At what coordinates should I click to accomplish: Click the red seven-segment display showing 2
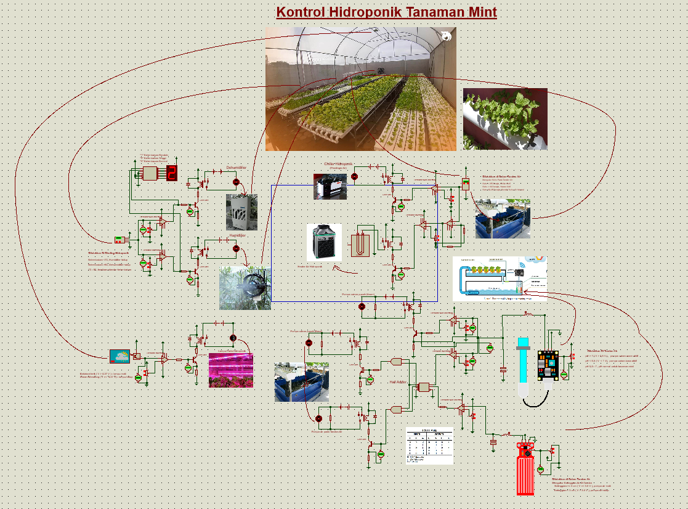172,173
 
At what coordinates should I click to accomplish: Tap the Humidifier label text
237,235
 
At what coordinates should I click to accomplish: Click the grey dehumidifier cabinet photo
241,212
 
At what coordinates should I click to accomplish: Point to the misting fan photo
245,288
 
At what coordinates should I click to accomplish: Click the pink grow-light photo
231,370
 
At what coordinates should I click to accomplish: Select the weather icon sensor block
120,356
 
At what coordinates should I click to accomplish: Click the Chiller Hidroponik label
338,165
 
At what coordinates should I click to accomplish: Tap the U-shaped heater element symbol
362,245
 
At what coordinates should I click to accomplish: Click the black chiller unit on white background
324,242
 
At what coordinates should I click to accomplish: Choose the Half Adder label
398,382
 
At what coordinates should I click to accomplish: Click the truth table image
429,446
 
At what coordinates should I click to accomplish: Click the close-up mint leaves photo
505,119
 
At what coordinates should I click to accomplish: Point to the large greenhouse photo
361,89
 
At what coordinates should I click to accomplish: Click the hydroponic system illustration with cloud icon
500,279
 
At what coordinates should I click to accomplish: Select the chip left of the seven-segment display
150,174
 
